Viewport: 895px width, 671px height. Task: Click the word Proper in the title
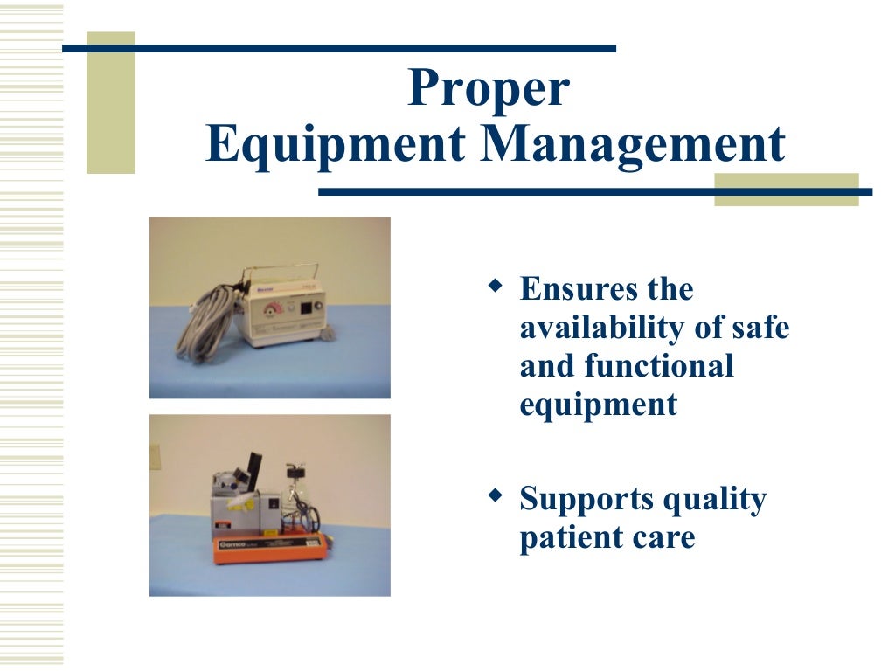pyautogui.click(x=489, y=90)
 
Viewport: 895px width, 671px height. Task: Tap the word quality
pyautogui.click(x=715, y=499)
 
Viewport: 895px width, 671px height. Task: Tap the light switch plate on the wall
pyautogui.click(x=155, y=456)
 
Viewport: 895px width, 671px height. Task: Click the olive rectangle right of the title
pyautogui.click(x=786, y=190)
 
